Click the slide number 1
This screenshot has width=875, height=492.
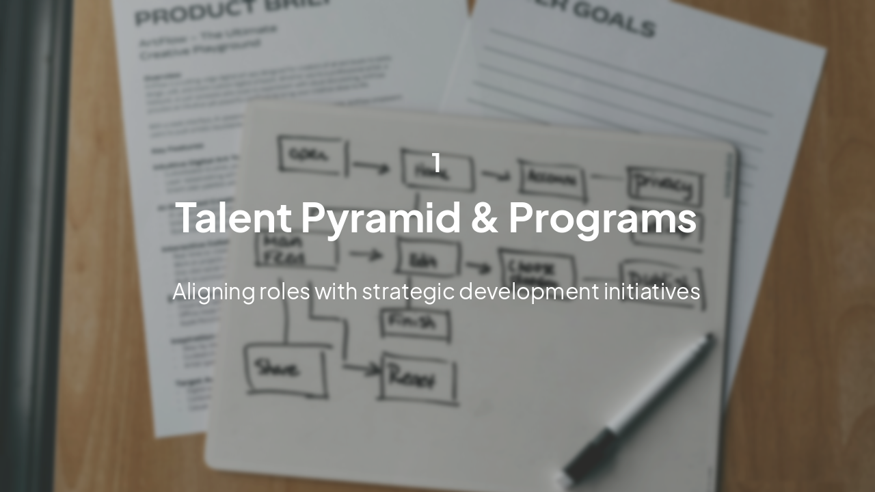(436, 163)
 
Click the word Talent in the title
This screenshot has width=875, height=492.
(233, 219)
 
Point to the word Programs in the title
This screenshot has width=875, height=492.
(602, 219)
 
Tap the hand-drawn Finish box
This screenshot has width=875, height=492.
(415, 324)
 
